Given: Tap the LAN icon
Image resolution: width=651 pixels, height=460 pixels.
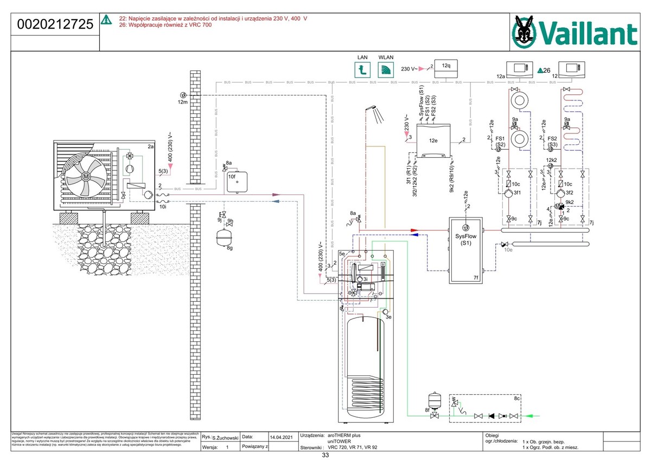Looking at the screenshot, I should click(x=363, y=69).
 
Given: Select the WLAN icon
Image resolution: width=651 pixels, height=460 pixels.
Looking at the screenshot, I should click(x=386, y=69).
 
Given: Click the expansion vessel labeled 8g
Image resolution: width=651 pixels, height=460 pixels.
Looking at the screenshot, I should click(x=221, y=237).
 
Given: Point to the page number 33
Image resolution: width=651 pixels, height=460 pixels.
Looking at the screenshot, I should click(x=325, y=456).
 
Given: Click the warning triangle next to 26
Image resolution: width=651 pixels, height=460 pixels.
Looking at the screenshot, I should click(x=540, y=71).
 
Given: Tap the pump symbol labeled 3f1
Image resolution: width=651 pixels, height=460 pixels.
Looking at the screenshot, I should click(x=508, y=193).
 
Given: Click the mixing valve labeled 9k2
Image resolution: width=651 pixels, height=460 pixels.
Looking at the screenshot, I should click(x=560, y=207).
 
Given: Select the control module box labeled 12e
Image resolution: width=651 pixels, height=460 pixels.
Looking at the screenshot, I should click(x=432, y=140).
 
